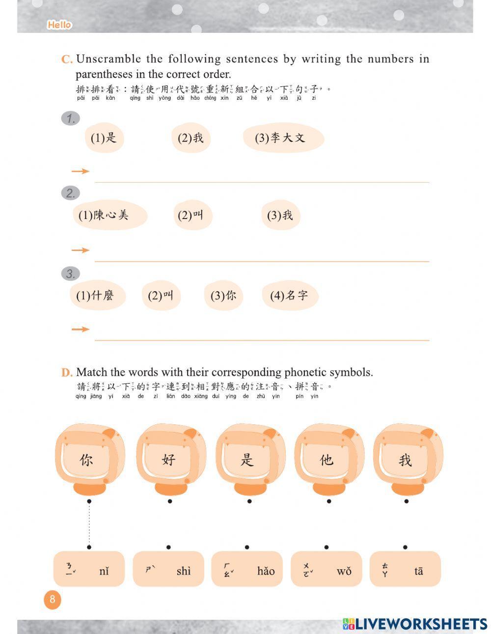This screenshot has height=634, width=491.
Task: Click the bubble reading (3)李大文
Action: (x=283, y=138)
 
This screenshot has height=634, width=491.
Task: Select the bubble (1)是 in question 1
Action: (x=104, y=138)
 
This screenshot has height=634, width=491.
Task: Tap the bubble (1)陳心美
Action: (x=111, y=215)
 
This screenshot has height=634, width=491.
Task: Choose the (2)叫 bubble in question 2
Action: (x=192, y=216)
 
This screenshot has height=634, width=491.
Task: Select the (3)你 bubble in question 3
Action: (x=223, y=296)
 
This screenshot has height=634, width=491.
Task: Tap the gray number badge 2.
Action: (x=70, y=193)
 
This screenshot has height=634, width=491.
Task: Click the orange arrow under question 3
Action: (x=80, y=329)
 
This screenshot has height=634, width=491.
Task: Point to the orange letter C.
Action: (x=67, y=60)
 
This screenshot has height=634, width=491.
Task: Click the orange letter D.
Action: (x=67, y=373)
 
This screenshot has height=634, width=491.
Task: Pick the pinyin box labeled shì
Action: (x=168, y=569)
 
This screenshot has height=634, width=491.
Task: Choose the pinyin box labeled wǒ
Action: (x=327, y=569)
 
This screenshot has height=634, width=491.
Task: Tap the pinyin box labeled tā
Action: (x=405, y=569)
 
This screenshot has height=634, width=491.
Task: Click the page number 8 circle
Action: (x=53, y=600)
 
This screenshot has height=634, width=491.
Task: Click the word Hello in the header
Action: (x=59, y=25)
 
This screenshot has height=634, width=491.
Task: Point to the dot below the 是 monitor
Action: (x=249, y=501)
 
